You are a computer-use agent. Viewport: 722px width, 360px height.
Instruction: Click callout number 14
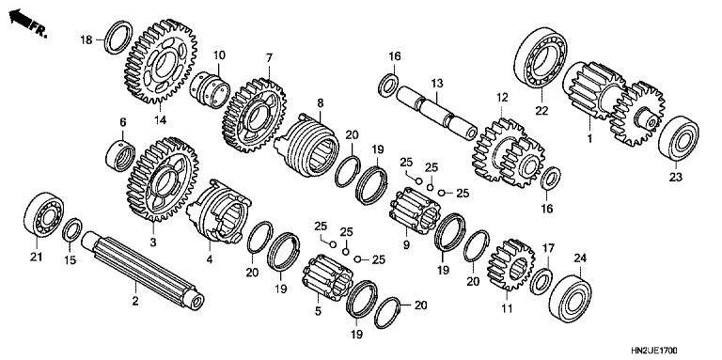point(160,119)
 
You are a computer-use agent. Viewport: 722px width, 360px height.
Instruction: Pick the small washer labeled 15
point(71,229)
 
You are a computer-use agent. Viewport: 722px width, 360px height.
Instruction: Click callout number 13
point(435,84)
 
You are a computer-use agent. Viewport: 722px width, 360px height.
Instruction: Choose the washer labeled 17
point(541,279)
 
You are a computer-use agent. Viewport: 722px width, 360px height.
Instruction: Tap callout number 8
point(320,102)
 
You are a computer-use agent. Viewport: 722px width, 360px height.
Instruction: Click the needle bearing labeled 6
point(123,152)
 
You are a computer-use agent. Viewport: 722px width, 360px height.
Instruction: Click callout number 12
point(501,97)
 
